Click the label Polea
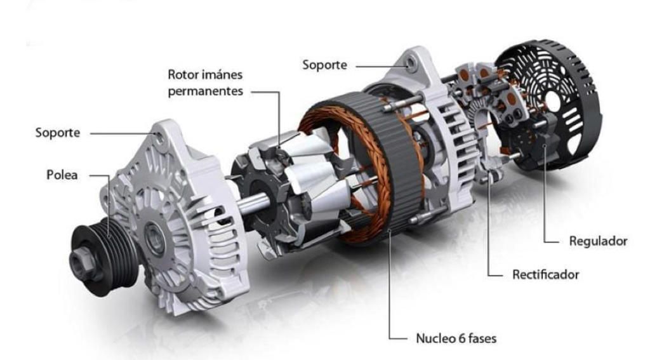[x=62, y=175]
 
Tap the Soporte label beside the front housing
[x=58, y=133]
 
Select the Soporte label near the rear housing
[x=324, y=65]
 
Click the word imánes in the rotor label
[x=223, y=75]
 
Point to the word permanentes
[x=205, y=91]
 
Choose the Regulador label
[x=598, y=241]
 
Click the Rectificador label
[x=545, y=274]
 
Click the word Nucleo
[x=434, y=338]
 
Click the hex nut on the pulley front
[x=82, y=262]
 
